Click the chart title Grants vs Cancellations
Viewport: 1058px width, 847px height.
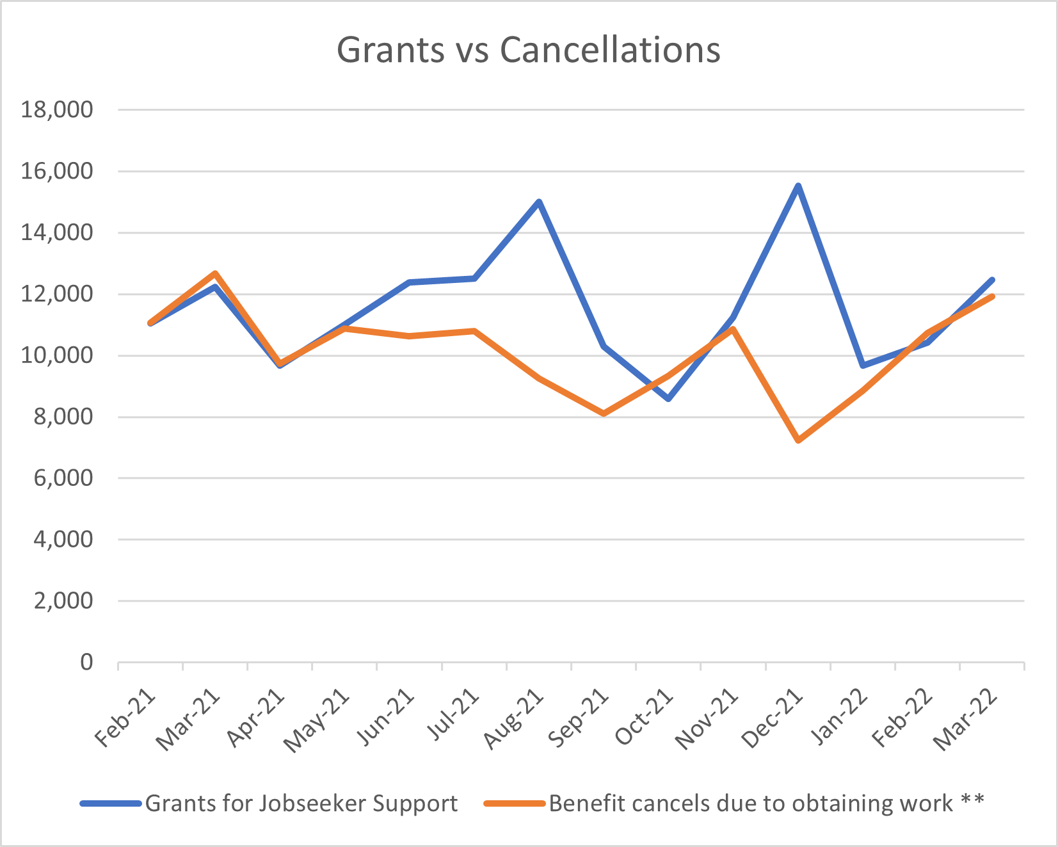click(x=529, y=50)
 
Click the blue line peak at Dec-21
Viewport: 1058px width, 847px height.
click(x=798, y=186)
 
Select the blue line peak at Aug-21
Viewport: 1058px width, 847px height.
click(x=539, y=202)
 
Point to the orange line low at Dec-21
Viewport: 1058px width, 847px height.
click(x=798, y=441)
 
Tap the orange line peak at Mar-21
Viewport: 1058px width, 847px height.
click(x=216, y=273)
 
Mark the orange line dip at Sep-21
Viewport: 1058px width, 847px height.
click(x=604, y=414)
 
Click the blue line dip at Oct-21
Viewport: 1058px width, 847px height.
click(x=668, y=399)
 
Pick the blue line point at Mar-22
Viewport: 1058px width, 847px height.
click(x=992, y=280)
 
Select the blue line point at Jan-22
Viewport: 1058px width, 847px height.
click(x=863, y=366)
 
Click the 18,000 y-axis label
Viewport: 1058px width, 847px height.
click(x=57, y=109)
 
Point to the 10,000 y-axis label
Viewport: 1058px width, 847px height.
click(x=57, y=355)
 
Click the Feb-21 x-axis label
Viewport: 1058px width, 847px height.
click(x=126, y=718)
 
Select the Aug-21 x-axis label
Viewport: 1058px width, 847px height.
click(x=514, y=718)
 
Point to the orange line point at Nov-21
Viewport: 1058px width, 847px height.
click(x=733, y=329)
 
